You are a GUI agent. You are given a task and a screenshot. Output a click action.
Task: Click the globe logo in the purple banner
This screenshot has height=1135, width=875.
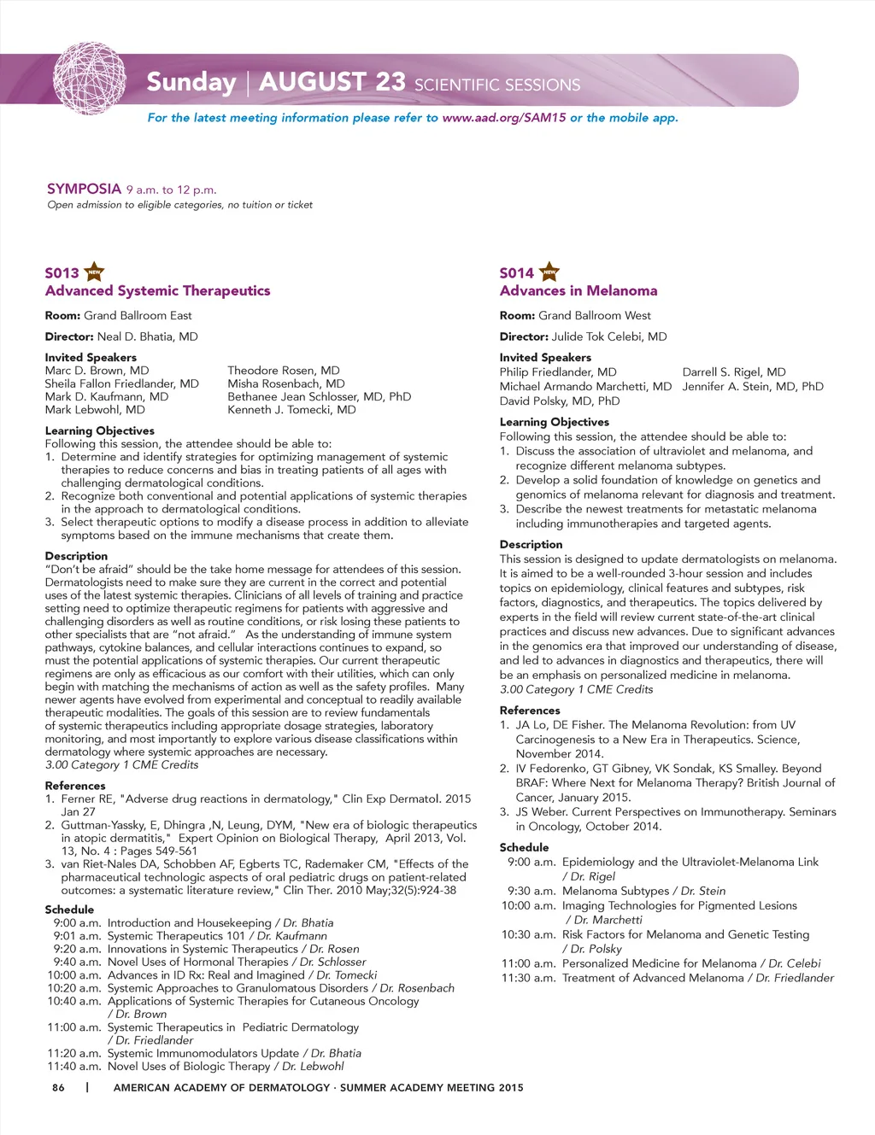90,79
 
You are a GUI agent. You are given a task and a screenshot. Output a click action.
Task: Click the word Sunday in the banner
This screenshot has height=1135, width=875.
191,82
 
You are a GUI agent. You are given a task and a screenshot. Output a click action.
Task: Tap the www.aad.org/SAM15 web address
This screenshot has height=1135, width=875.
503,118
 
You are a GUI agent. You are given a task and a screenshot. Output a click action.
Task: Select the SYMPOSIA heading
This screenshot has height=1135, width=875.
84,189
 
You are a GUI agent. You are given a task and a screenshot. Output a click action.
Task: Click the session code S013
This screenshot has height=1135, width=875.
62,273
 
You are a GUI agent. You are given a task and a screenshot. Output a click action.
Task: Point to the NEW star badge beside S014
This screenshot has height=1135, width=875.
550,272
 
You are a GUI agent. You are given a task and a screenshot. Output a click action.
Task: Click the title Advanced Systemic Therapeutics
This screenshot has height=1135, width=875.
157,291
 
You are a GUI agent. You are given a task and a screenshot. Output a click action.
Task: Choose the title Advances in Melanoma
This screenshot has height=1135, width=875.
578,291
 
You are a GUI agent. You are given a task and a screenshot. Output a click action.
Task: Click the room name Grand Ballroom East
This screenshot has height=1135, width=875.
138,316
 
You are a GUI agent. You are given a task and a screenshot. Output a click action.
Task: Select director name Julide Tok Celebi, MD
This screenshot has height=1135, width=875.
608,336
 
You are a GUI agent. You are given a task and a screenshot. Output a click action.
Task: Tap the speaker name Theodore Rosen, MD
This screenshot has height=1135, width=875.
284,371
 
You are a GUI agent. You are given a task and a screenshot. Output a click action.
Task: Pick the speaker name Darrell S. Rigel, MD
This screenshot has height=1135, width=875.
734,372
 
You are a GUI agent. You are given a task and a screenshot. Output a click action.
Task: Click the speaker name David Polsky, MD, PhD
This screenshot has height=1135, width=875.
560,401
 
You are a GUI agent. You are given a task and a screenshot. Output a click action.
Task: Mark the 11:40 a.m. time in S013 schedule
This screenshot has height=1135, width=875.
74,1067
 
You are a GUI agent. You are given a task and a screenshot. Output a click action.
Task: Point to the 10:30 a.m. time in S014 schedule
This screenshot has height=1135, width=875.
528,935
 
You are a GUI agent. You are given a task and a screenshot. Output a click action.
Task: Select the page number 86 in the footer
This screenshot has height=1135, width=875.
58,1088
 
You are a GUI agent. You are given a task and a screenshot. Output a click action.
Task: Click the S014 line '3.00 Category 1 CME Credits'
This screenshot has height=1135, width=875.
576,690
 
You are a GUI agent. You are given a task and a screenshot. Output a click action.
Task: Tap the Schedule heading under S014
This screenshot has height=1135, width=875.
524,848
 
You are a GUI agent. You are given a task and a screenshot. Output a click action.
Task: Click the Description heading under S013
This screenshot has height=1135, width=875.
76,556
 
